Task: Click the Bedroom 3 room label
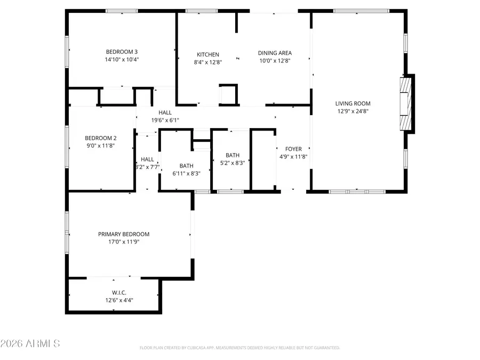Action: (x=122, y=52)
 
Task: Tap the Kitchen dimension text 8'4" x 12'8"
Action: (x=207, y=62)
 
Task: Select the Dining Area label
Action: (x=275, y=53)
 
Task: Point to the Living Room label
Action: (x=353, y=103)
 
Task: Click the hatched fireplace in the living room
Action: (x=406, y=104)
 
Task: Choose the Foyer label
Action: (x=293, y=149)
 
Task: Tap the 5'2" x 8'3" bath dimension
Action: (x=233, y=163)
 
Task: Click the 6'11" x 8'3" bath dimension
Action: (x=186, y=173)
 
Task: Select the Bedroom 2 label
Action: (x=101, y=138)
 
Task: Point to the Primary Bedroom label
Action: (x=124, y=234)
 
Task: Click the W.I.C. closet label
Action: (x=119, y=292)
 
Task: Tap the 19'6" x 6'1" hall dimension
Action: (x=165, y=120)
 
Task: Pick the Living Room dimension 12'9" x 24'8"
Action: (x=353, y=111)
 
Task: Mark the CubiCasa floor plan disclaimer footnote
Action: (x=239, y=348)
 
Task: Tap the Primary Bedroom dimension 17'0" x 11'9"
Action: (x=124, y=242)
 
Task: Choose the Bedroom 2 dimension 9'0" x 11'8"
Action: (x=101, y=145)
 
